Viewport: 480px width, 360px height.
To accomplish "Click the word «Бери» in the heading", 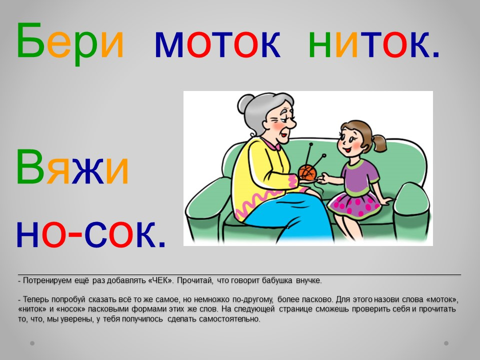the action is [70, 43].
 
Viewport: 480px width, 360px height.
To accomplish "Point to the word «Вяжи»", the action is [72, 167].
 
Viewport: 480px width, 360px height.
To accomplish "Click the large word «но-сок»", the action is [91, 233].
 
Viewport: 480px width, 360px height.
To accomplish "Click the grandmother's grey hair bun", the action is [245, 103].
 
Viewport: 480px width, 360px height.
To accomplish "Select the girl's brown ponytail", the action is [379, 143].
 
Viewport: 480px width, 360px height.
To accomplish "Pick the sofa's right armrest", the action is [411, 211].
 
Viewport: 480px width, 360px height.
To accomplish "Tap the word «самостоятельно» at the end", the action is [229, 319].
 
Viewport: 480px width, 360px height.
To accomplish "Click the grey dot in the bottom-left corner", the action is [32, 343].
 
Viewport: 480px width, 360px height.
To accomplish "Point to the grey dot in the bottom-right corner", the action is [446, 343].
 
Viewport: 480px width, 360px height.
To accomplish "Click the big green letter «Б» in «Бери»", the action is [29, 40].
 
